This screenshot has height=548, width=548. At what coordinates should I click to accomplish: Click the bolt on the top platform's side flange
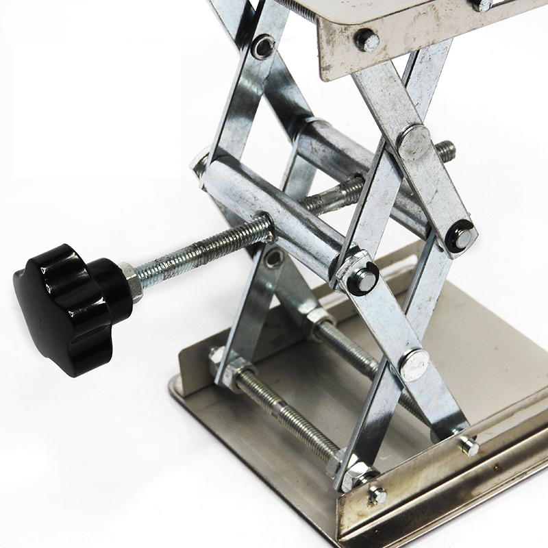[x=367, y=40]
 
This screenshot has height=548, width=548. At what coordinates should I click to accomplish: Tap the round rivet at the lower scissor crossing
[x=414, y=364]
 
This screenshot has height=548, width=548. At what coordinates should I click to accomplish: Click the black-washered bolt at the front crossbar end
[x=362, y=279]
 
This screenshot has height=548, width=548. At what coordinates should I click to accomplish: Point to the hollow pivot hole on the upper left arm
[x=262, y=47]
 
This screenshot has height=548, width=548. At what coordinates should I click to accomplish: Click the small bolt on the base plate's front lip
[x=376, y=495]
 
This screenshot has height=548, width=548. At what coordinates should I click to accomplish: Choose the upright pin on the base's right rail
[x=469, y=447]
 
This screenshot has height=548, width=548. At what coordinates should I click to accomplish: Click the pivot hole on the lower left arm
[x=275, y=258]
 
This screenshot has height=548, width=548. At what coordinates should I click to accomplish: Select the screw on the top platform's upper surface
[x=482, y=4]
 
